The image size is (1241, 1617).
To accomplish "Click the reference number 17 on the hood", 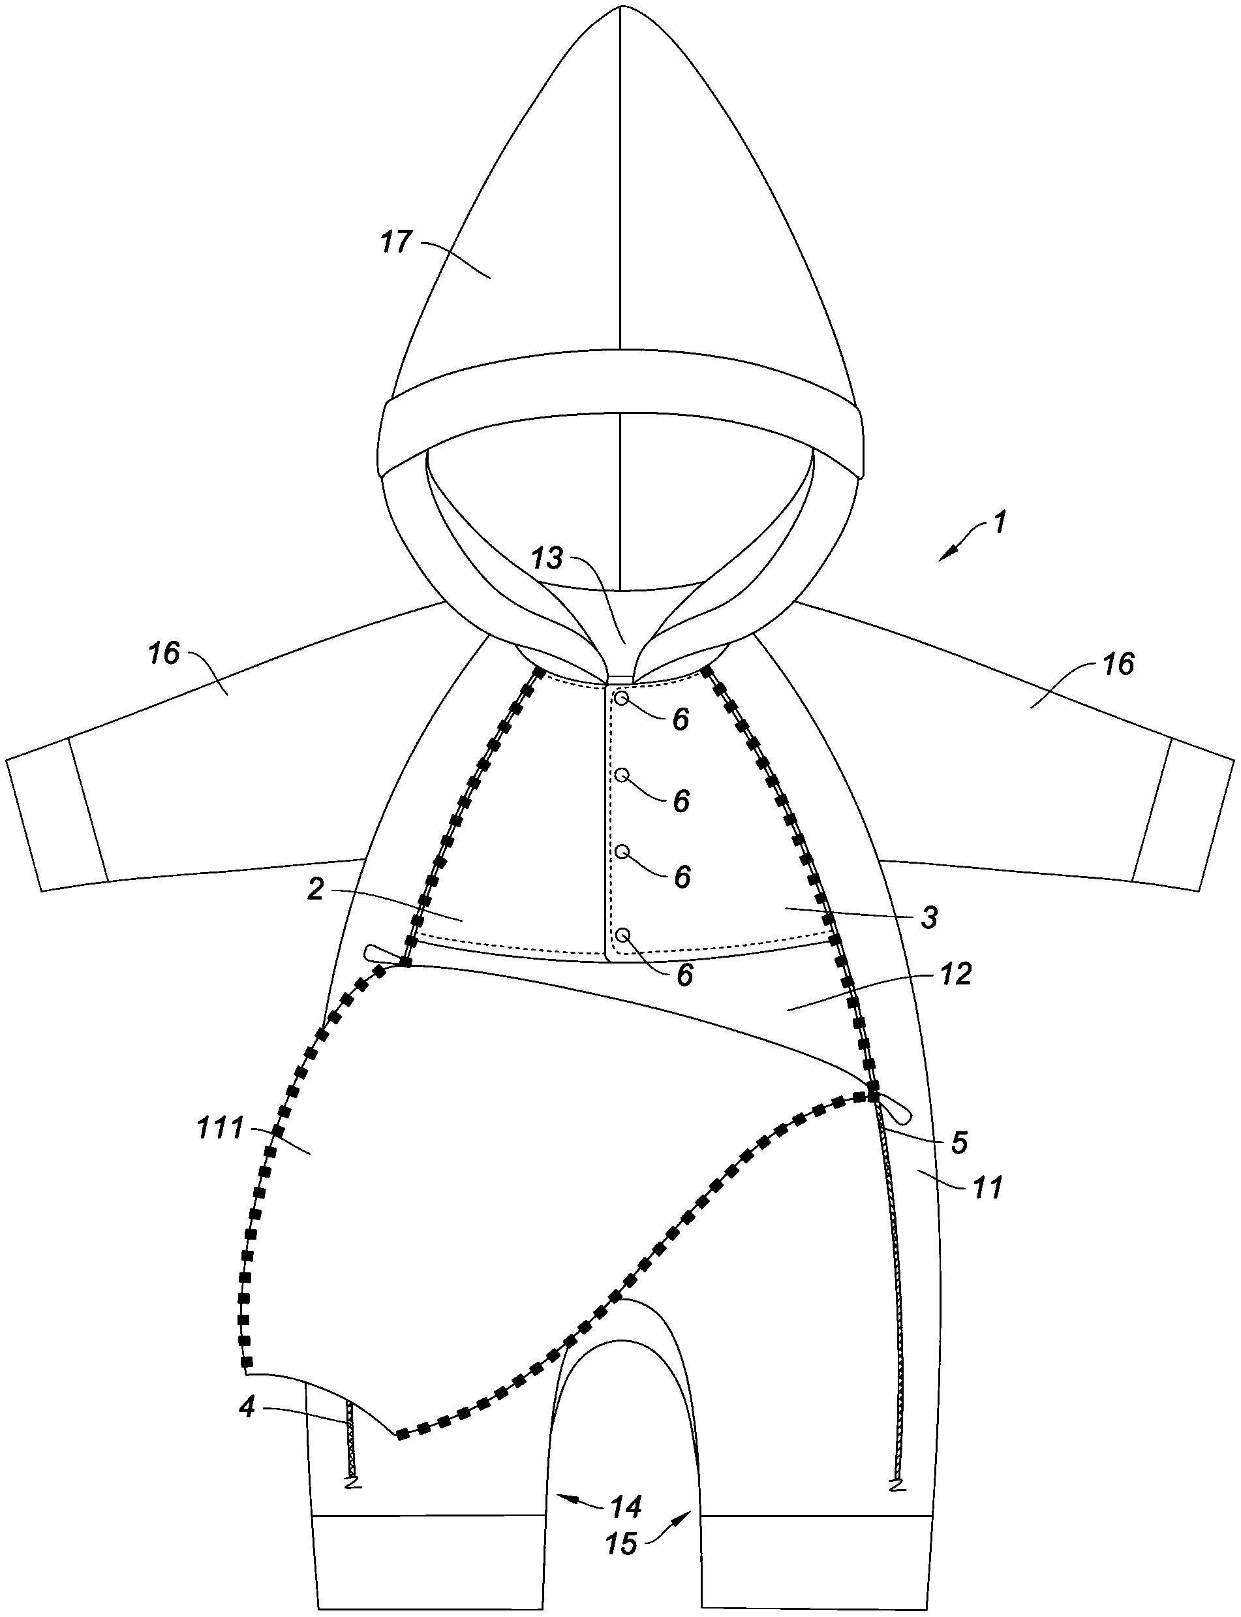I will pyautogui.click(x=397, y=242).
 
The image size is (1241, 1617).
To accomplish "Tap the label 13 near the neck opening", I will pyautogui.click(x=548, y=557).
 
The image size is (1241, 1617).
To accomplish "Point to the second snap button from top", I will pyautogui.click(x=622, y=774).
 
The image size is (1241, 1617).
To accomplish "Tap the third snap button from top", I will pyautogui.click(x=622, y=851).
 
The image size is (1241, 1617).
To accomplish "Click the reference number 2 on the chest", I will pyautogui.click(x=315, y=890).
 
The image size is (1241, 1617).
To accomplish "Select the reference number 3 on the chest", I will pyautogui.click(x=929, y=917).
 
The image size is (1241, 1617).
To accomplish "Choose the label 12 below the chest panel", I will pyautogui.click(x=956, y=975).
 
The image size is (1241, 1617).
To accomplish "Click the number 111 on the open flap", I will pyautogui.click(x=220, y=1129).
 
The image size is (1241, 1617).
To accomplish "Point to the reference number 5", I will pyautogui.click(x=959, y=1142).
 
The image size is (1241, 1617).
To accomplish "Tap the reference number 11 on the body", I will pyautogui.click(x=988, y=1187).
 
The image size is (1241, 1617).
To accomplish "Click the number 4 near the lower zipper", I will pyautogui.click(x=247, y=1407).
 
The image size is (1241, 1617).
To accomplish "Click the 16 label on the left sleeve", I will pyautogui.click(x=164, y=653).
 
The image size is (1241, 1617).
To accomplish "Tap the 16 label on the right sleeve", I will pyautogui.click(x=1118, y=664).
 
